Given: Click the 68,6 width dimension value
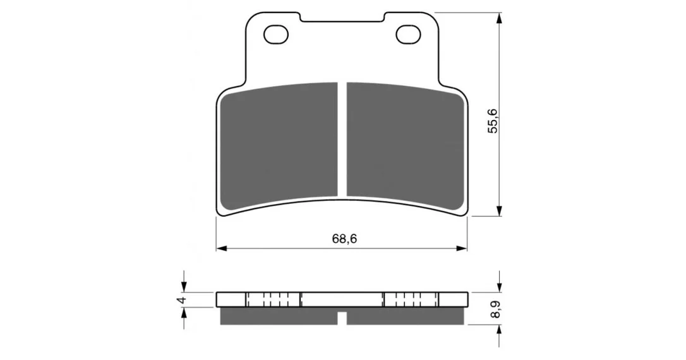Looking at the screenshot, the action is pyautogui.click(x=344, y=239).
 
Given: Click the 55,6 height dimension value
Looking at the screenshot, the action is pyautogui.click(x=493, y=121).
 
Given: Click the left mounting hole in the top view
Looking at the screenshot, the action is pyautogui.click(x=277, y=35).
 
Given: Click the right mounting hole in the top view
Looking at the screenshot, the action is pyautogui.click(x=409, y=35).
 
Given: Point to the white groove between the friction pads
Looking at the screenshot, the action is pyautogui.click(x=342, y=139).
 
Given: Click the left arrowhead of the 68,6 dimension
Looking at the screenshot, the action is pyautogui.click(x=221, y=248).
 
